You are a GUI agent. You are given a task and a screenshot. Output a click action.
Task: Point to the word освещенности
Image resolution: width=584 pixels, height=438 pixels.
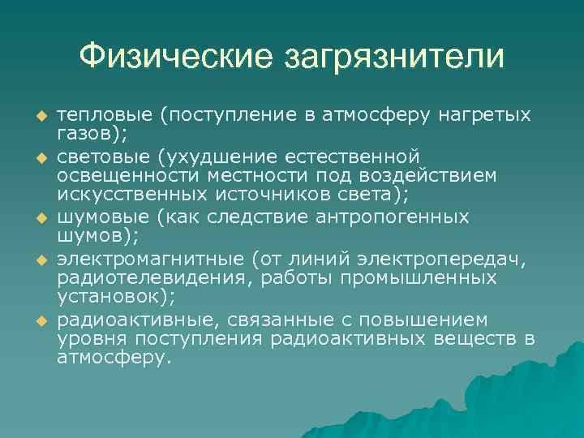coord(117,176)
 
